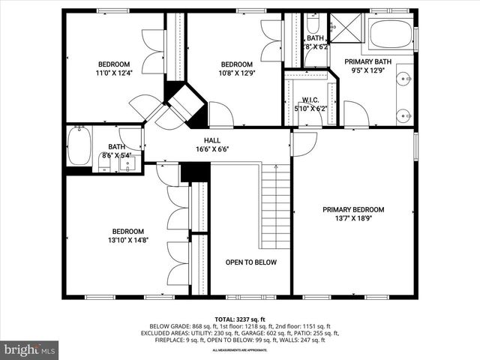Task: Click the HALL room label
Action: point(212,139)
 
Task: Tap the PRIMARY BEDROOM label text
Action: point(353,209)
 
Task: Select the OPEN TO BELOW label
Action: point(251,262)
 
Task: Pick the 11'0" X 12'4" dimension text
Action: point(114,73)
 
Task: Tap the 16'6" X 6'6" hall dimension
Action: point(212,148)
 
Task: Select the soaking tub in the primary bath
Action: point(391,34)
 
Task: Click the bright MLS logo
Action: point(30,349)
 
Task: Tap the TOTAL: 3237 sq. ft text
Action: point(240,319)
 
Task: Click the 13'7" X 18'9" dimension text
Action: point(353,218)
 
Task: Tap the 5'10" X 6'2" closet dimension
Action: point(311,108)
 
